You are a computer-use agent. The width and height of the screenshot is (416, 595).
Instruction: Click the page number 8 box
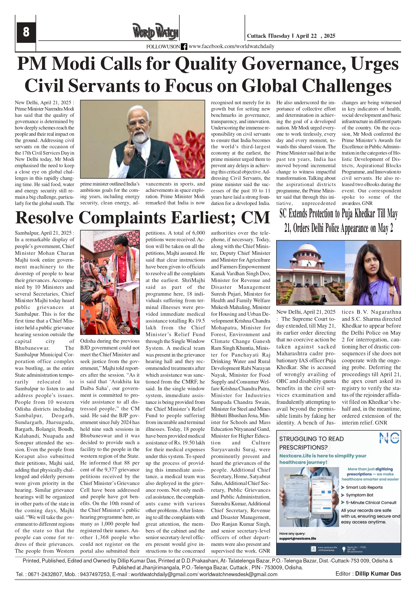pos(26,32)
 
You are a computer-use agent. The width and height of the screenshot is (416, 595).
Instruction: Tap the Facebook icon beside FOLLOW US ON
pos(184,47)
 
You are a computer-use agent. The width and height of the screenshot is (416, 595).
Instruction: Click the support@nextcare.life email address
pos(298,538)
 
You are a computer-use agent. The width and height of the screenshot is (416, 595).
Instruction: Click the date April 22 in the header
pos(306,36)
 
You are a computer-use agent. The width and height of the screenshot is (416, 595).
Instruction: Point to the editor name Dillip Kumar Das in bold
pos(378,574)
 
